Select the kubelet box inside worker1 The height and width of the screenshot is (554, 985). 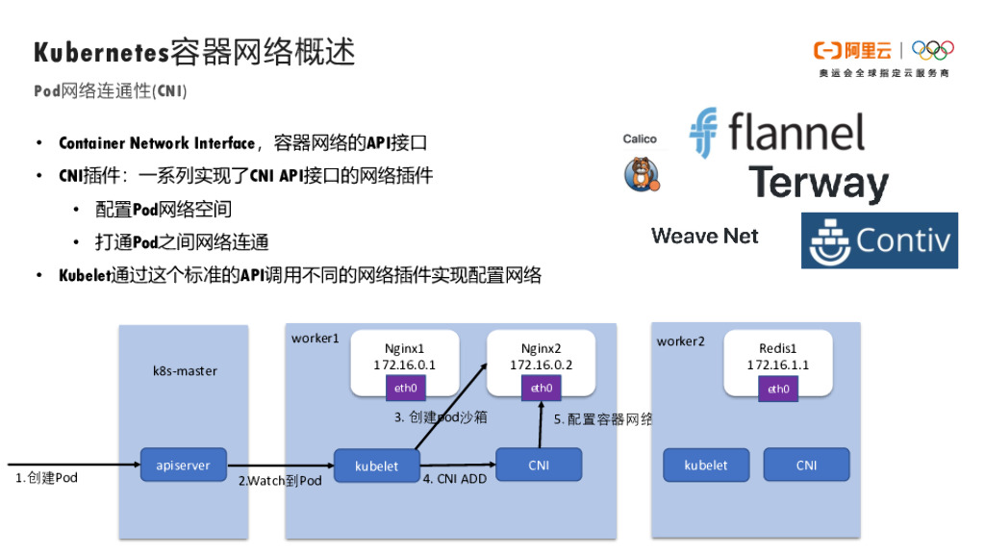point(377,466)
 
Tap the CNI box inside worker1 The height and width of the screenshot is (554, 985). point(539,466)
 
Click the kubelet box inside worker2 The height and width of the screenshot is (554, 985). point(706,465)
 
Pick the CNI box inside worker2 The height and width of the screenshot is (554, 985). point(806,465)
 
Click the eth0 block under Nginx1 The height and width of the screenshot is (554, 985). point(405,388)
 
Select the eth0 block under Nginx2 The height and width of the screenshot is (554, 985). point(541,388)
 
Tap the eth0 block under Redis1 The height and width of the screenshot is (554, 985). point(778,389)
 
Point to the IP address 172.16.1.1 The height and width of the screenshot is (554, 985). point(777,365)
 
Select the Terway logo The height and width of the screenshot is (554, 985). point(818,184)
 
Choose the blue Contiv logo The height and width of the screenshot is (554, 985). point(879,240)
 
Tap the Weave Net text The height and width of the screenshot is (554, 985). point(704,236)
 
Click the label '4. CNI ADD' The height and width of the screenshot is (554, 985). point(455,479)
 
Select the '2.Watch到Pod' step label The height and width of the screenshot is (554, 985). point(280,481)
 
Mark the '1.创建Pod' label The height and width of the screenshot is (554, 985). point(46,478)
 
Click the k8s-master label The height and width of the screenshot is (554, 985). point(185,370)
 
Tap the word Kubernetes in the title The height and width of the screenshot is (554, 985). point(101,52)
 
